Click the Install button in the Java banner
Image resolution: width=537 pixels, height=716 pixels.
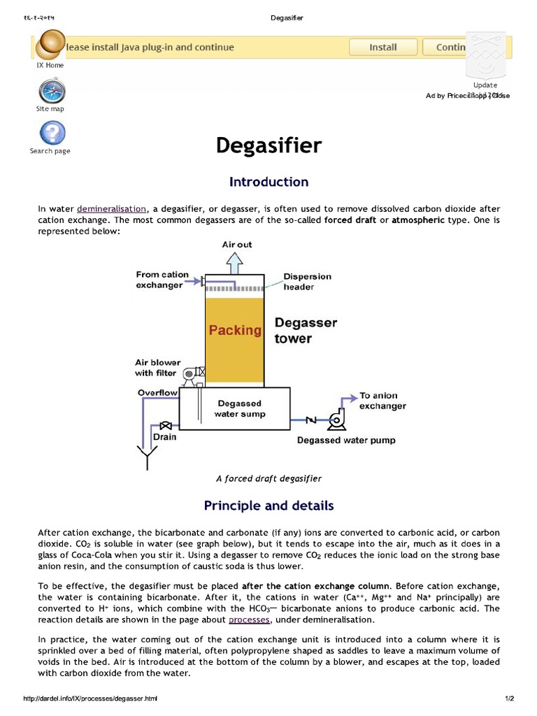coord(382,48)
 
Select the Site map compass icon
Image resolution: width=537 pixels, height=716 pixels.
coord(50,92)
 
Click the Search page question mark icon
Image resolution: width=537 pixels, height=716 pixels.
coord(50,132)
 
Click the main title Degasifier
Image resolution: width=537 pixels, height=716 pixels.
coord(268,146)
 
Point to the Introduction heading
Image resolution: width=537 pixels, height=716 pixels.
coord(268,182)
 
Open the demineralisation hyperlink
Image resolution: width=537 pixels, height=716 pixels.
coord(112,209)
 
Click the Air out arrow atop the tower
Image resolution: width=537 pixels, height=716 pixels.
coord(236,263)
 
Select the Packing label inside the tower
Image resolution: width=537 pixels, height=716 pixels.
coord(235,330)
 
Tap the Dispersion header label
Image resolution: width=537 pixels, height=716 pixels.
coord(308,281)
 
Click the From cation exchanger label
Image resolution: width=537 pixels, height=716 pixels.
coord(162,280)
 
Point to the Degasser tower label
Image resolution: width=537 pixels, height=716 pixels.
coord(306,330)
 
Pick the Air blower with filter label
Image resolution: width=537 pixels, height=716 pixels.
coord(157,368)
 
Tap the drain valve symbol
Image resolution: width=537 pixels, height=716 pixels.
coord(166,426)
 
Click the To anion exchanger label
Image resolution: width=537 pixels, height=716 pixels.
coord(382,401)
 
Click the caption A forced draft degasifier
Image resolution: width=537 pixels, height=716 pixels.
coord(268,479)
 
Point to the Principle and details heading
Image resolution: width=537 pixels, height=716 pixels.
coord(268,506)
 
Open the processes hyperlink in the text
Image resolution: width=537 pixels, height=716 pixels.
coord(248,620)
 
